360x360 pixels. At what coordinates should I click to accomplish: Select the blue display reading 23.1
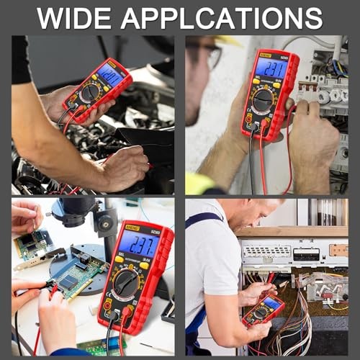coord(271,68)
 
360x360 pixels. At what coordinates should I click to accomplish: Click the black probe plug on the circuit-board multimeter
coord(109,318)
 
